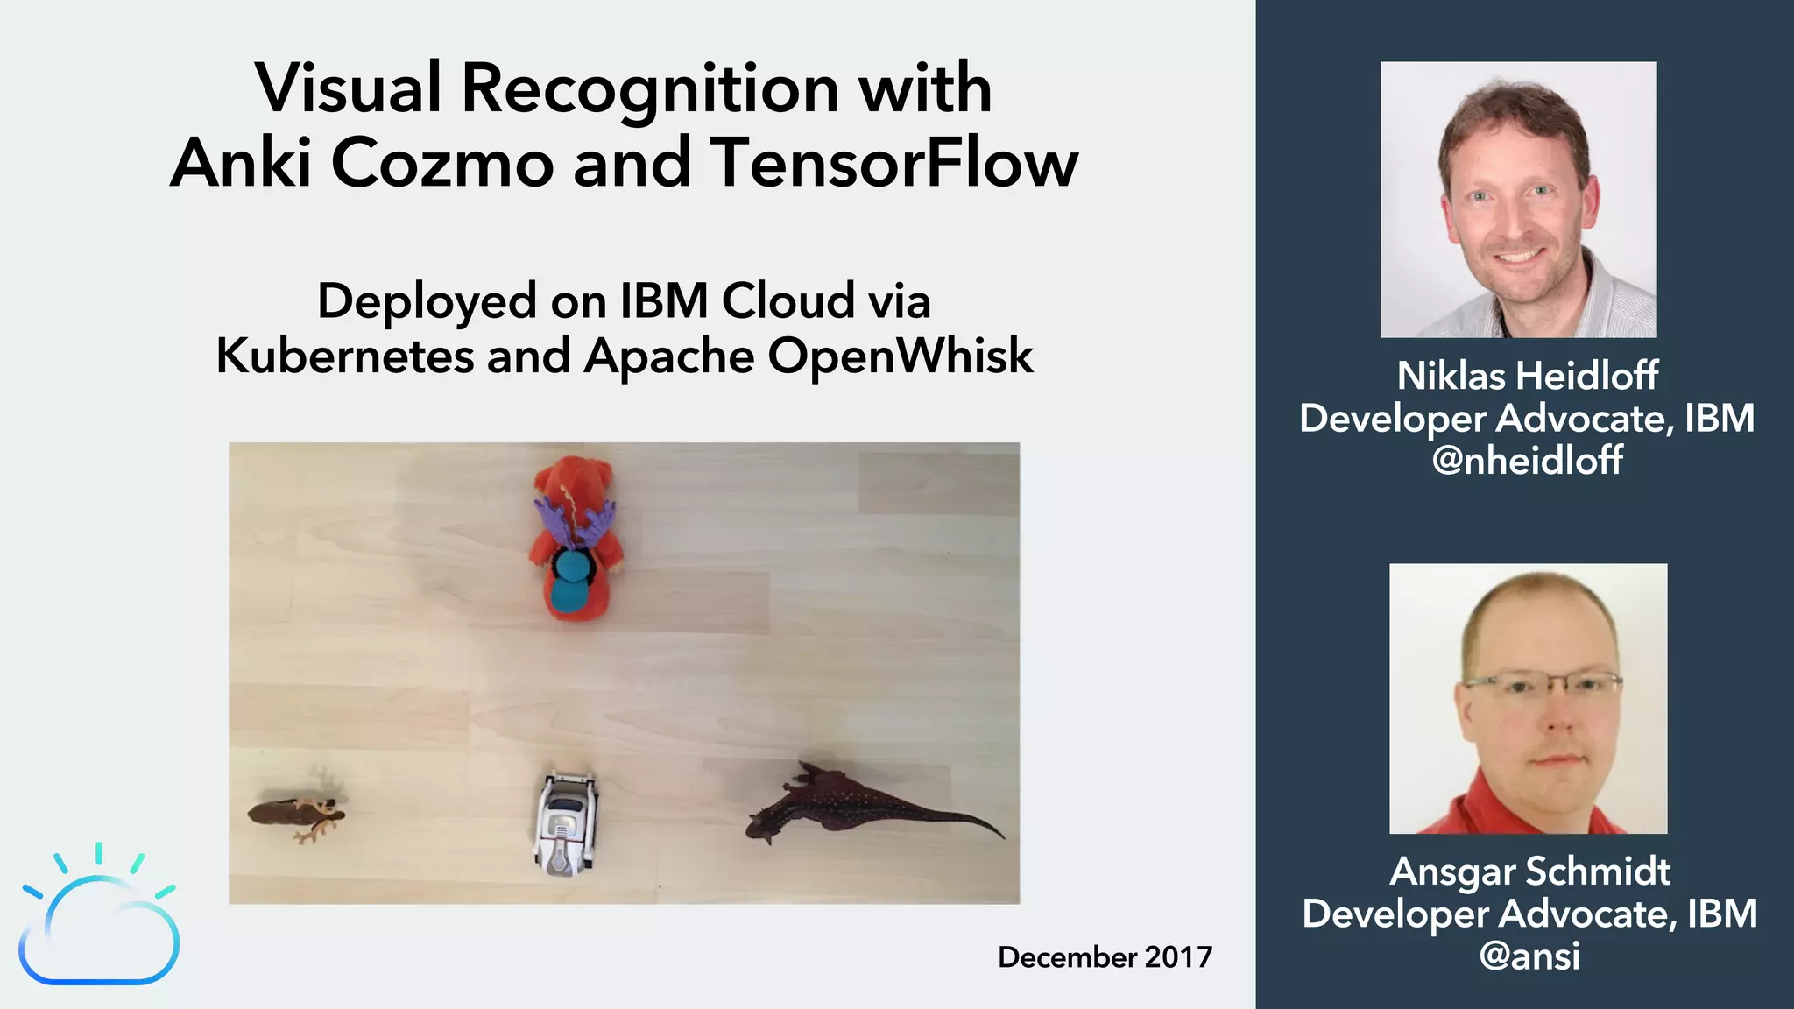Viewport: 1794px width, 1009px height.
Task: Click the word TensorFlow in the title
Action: tap(894, 163)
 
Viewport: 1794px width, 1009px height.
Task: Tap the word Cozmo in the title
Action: tap(442, 163)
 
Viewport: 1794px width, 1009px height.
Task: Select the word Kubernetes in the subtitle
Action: tap(345, 356)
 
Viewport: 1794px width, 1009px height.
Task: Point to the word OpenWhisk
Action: tap(901, 356)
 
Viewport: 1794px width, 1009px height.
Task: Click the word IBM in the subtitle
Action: tap(664, 301)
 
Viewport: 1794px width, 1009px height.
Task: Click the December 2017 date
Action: tap(1105, 957)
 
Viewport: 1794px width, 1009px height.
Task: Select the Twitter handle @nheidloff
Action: tap(1527, 461)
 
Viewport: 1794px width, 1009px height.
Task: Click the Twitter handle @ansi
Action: tap(1529, 956)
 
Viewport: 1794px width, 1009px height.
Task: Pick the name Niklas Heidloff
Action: tap(1527, 376)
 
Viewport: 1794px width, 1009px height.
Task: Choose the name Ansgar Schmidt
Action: tap(1529, 871)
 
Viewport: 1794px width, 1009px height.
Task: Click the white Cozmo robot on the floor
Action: tap(567, 823)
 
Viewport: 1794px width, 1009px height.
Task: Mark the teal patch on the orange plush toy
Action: tap(570, 580)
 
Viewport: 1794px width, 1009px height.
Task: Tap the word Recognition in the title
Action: tap(651, 88)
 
